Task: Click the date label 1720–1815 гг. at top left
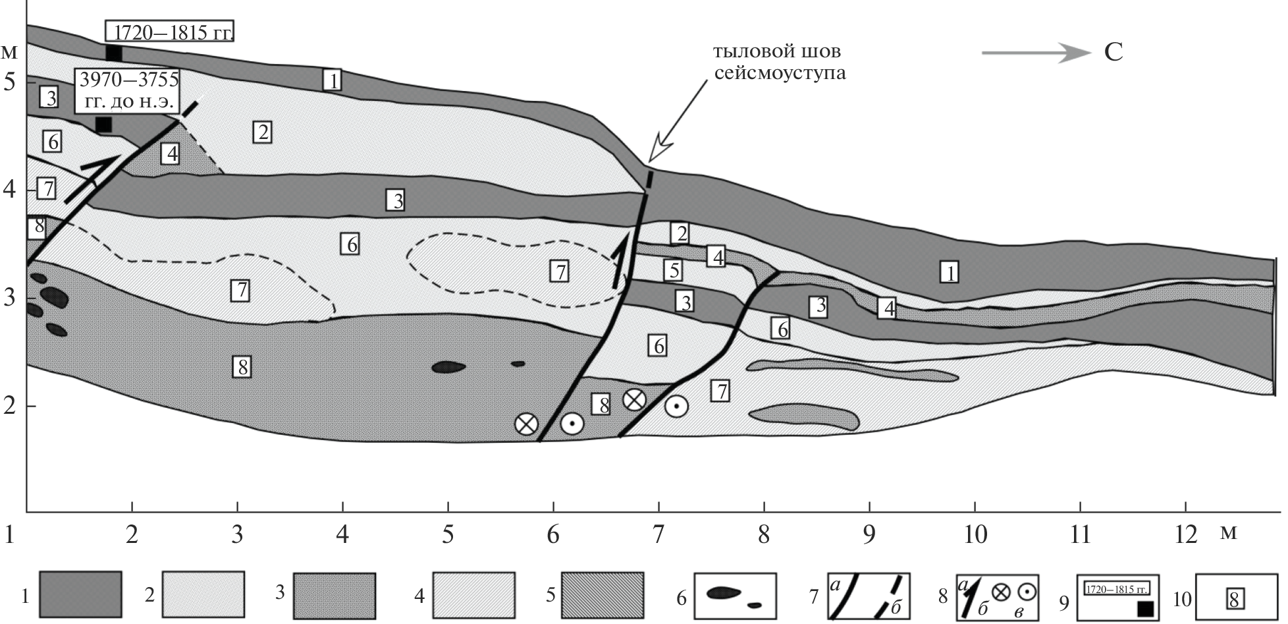click(x=170, y=31)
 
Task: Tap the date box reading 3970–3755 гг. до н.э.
click(x=129, y=91)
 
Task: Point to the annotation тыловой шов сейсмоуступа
click(x=780, y=62)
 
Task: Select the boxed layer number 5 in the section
click(x=672, y=269)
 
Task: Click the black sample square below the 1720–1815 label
click(x=114, y=53)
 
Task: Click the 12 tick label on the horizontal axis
click(x=1185, y=534)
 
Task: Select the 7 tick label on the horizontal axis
click(x=658, y=534)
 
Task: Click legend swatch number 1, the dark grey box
click(x=80, y=596)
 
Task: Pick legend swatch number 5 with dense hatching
click(x=602, y=596)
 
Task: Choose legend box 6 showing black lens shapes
click(x=735, y=596)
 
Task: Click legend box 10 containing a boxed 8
click(x=1234, y=598)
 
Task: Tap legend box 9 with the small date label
click(x=1117, y=596)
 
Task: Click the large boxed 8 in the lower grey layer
click(x=242, y=366)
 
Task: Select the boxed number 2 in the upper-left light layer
click(x=262, y=132)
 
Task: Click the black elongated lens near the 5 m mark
click(x=448, y=366)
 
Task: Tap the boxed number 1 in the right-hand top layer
click(x=949, y=271)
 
